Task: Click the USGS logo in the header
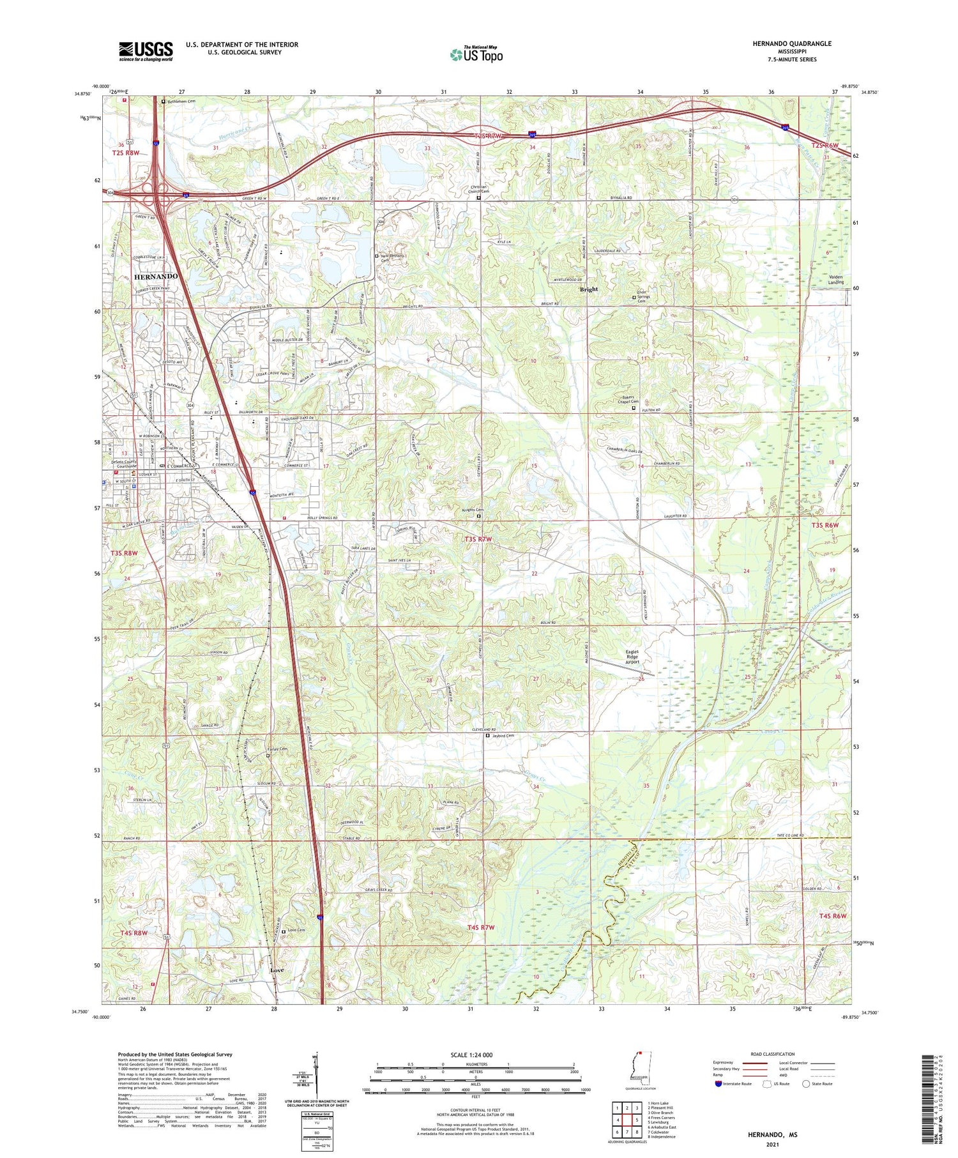tap(146, 51)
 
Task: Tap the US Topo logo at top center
tap(476, 54)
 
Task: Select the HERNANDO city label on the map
tap(156, 276)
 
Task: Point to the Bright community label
tap(588, 289)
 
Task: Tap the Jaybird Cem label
tap(503, 735)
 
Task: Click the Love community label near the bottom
tap(277, 970)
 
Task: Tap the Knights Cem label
tap(471, 510)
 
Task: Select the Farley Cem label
tap(277, 749)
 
